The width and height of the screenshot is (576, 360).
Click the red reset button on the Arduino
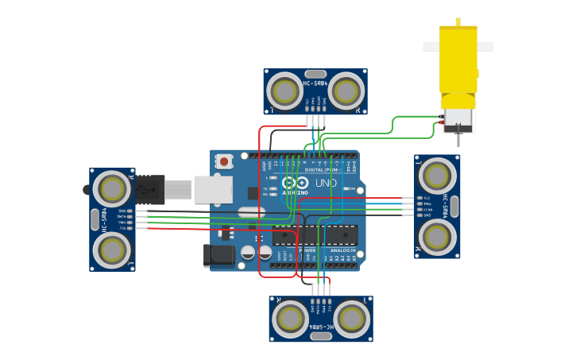[224, 161]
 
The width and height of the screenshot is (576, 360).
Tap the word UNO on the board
[327, 183]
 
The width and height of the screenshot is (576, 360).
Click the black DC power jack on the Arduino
[218, 255]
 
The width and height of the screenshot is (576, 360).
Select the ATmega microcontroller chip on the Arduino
[315, 235]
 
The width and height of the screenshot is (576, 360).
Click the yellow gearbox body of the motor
[458, 59]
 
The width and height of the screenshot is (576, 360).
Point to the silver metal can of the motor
[458, 118]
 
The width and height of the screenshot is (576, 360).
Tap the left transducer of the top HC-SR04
[284, 91]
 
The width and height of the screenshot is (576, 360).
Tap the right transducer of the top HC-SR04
[346, 91]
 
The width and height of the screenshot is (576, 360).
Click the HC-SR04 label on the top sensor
[315, 83]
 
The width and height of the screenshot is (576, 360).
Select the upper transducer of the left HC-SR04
[112, 189]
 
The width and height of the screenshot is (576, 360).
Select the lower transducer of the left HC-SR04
[112, 250]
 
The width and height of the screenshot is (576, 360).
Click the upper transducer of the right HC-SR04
[437, 176]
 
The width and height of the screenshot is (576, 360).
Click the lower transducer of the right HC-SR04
[437, 236]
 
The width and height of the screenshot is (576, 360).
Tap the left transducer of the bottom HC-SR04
[290, 318]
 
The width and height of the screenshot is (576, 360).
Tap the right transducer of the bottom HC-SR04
[351, 318]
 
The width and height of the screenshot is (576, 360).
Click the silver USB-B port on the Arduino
[213, 189]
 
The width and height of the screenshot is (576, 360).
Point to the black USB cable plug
[151, 190]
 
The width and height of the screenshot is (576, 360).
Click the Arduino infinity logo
[294, 183]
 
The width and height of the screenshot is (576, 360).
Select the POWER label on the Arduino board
[307, 250]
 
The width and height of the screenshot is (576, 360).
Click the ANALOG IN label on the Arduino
[342, 250]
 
